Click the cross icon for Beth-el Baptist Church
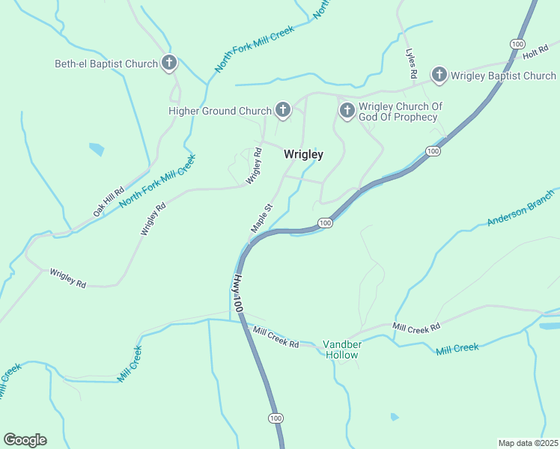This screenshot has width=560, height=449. coord(169,63)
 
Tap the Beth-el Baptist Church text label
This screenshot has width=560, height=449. coord(106,64)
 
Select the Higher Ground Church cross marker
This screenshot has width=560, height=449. coord(282,111)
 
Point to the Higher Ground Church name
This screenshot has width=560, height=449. coord(219,112)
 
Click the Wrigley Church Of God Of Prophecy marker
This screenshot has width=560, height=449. coord(347,111)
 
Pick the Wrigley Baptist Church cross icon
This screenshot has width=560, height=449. coord(439,75)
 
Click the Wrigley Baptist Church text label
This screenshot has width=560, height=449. coord(504,76)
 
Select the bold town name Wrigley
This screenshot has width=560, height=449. coord(303,154)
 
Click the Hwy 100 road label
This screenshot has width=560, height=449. coord(237,293)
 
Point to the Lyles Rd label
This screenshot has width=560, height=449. coord(411,64)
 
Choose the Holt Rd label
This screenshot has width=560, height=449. coord(536,52)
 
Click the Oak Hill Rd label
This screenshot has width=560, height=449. coord(108,202)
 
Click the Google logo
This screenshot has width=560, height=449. coord(25,440)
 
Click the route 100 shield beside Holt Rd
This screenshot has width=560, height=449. coord(517,45)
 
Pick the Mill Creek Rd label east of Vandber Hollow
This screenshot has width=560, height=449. coord(416,326)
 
